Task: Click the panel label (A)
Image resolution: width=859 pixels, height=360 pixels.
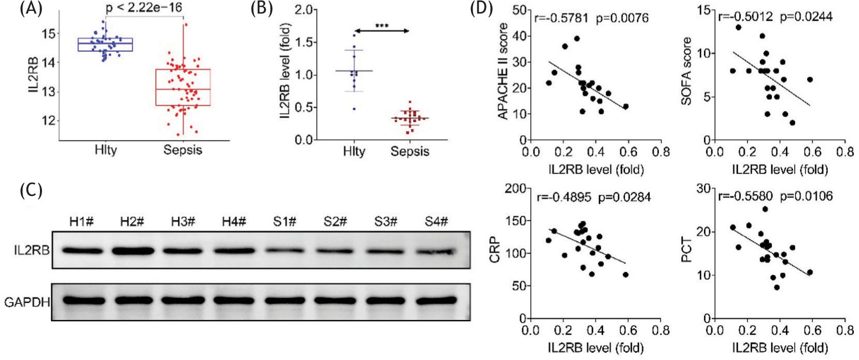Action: pyautogui.click(x=31, y=10)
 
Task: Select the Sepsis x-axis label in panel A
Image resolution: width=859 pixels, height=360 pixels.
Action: pyautogui.click(x=182, y=150)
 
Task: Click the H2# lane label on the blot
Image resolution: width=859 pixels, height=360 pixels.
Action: pyautogui.click(x=132, y=221)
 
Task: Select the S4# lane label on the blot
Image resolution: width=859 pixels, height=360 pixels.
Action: pyautogui.click(x=436, y=221)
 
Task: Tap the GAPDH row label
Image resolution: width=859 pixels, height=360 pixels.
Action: pyautogui.click(x=26, y=301)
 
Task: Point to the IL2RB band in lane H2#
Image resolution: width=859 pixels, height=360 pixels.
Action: pyautogui.click(x=132, y=251)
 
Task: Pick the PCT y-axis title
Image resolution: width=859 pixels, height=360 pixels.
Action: pyautogui.click(x=687, y=249)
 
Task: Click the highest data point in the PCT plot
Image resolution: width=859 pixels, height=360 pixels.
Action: pyautogui.click(x=765, y=210)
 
